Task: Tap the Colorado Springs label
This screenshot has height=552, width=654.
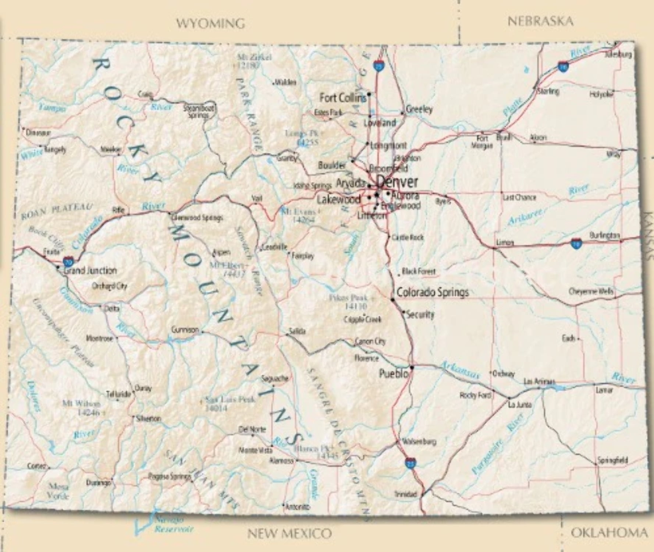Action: pos(433,293)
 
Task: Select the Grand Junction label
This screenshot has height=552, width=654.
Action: pos(90,271)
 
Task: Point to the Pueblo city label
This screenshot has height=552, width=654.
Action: pos(393,374)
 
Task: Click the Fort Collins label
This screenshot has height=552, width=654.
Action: pos(342,98)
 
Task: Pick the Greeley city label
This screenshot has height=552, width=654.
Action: pos(419,109)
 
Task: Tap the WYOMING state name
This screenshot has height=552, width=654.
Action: pos(210,24)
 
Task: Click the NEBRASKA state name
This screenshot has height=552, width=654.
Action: pos(540,21)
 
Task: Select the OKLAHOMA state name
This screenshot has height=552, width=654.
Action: pos(609,532)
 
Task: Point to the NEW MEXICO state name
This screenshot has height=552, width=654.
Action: pos(289,533)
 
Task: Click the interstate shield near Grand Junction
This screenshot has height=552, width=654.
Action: pos(68,262)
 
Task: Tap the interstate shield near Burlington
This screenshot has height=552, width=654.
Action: pos(576,243)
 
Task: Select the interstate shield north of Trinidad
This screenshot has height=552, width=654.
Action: pos(410,462)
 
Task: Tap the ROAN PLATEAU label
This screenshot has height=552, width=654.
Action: pos(57,212)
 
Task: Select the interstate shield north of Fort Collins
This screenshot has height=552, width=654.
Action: pos(378,66)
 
